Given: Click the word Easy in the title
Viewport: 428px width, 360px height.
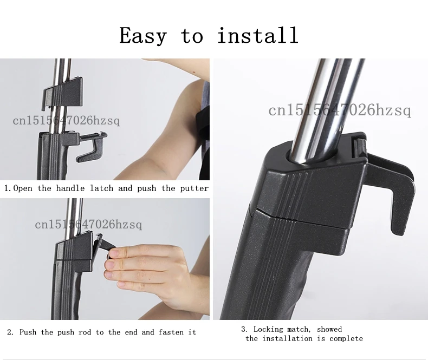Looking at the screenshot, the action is point(143,36).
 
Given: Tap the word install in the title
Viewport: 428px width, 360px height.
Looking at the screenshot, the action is point(258,35).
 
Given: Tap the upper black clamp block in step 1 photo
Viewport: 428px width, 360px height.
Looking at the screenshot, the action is point(62,93).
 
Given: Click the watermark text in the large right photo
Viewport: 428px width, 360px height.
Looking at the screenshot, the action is point(339,110).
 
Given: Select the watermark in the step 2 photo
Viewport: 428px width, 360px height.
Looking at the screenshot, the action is point(88,225).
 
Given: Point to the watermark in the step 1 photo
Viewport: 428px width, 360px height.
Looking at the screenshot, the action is point(66,120).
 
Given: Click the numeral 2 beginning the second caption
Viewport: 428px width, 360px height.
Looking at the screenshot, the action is point(10,332).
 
